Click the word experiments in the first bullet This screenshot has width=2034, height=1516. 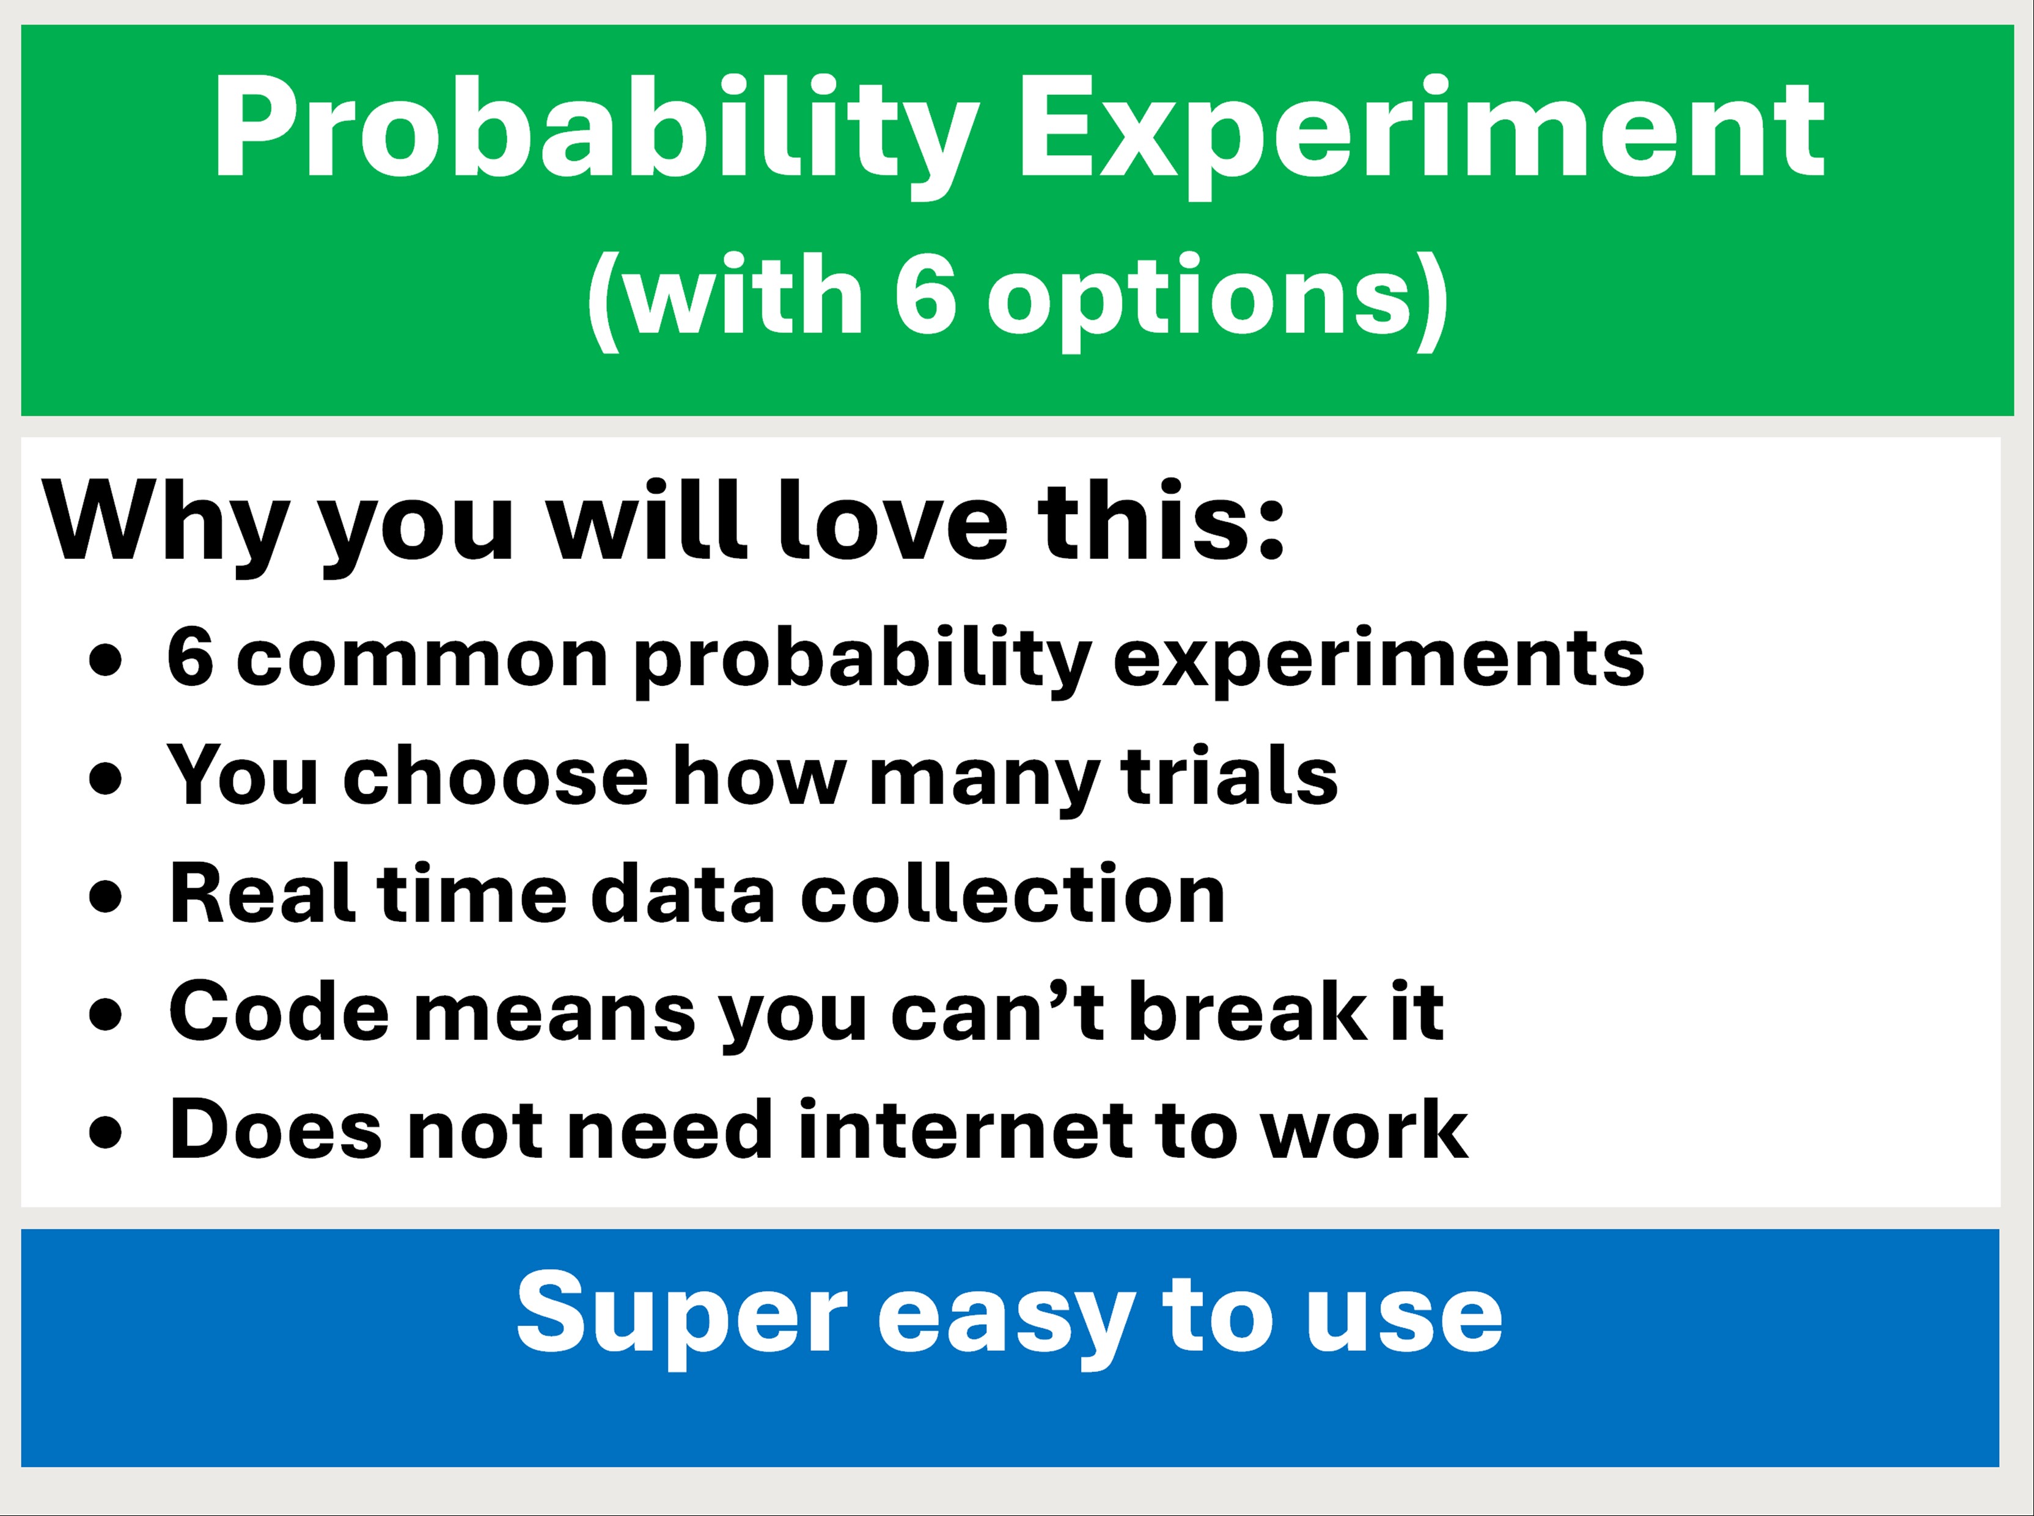click(1379, 661)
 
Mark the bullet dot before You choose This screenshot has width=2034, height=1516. click(106, 778)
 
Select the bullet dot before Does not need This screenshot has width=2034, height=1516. click(106, 1131)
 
